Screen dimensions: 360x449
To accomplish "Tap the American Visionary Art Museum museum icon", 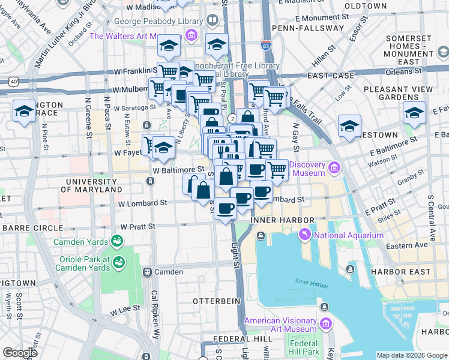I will tap(325, 325).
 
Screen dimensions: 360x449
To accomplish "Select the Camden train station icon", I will tap(146, 272).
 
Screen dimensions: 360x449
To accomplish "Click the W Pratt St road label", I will tap(138, 227).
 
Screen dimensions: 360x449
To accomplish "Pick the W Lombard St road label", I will tap(142, 203).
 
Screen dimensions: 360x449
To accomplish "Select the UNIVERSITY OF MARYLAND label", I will tap(94, 185).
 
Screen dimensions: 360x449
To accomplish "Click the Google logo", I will tap(20, 353).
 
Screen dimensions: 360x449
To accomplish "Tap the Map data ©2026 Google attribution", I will tap(411, 355).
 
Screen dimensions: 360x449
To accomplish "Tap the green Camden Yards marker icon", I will tap(117, 242).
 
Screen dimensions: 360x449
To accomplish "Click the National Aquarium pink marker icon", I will tap(304, 235).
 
